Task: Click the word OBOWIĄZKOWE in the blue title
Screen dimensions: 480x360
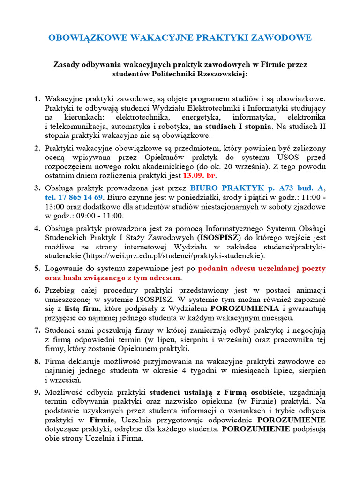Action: (89, 37)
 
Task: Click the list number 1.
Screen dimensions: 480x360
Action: (37, 99)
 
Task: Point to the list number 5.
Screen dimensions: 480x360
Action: (37, 269)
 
